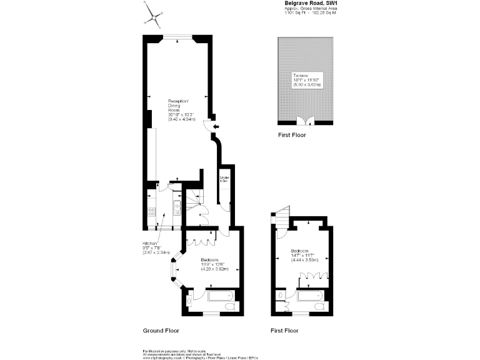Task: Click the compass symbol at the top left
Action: coord(154,14)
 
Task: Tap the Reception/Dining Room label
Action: coord(181,109)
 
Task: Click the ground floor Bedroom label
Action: coord(214,264)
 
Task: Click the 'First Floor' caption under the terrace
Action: coord(292,135)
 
